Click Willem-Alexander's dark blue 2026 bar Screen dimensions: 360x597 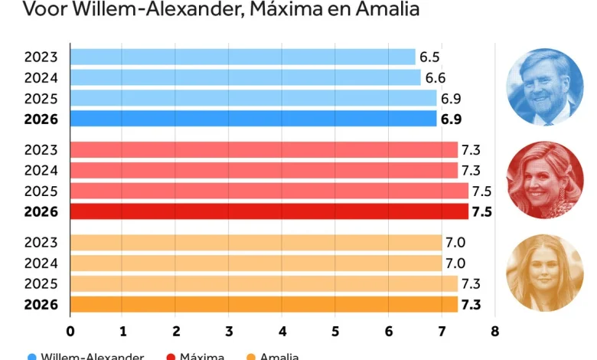pyautogui.click(x=253, y=119)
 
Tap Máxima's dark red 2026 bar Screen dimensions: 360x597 pyautogui.click(x=269, y=211)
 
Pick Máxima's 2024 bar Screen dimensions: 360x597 pyautogui.click(x=263, y=170)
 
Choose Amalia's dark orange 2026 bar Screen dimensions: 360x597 pyautogui.click(x=263, y=304)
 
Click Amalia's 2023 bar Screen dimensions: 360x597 pyautogui.click(x=256, y=243)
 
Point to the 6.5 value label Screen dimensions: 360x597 pyautogui.click(x=429, y=57)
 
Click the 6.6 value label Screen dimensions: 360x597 pyautogui.click(x=435, y=78)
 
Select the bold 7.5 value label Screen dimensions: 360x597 pyautogui.click(x=482, y=211)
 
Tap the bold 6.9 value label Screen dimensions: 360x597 pyautogui.click(x=451, y=119)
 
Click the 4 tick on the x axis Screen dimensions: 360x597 pyautogui.click(x=282, y=332)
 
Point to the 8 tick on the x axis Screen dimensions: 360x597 pyautogui.click(x=494, y=332)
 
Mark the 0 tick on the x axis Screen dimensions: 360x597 pyautogui.click(x=70, y=332)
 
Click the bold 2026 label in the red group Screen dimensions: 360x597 pyautogui.click(x=41, y=211)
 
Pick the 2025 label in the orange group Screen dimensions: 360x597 pyautogui.click(x=41, y=283)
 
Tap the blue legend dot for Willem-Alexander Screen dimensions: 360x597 pyautogui.click(x=31, y=356)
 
